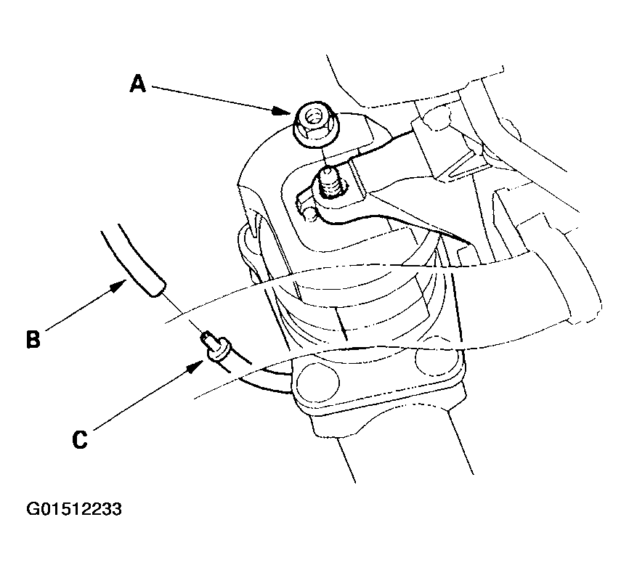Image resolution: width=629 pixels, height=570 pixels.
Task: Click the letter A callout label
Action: pos(137,84)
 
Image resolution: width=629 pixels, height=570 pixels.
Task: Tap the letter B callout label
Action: pos(33,339)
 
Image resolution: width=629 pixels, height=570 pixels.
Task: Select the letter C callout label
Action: pos(79,439)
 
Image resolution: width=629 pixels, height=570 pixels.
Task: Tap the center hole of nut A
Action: pos(313,117)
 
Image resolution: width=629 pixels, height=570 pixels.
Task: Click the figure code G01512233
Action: pos(74,509)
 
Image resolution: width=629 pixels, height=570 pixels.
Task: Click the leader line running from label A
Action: pos(212,97)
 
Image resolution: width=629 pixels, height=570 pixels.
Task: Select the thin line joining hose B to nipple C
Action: pos(183,315)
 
